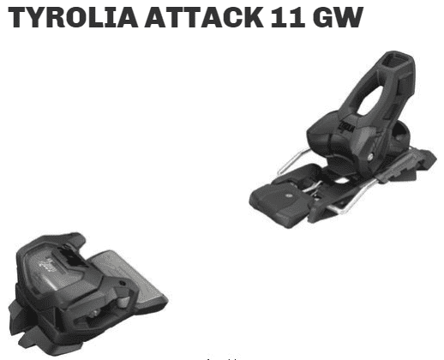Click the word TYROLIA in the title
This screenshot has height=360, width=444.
coord(73,17)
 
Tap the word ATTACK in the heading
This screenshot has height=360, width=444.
coord(204,17)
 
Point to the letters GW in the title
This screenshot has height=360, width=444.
coord(338,17)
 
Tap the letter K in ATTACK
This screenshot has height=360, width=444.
coord(252,17)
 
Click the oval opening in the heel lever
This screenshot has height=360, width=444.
coord(370,100)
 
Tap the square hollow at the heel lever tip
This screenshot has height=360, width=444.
coord(396,60)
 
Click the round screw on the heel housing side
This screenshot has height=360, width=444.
coord(370,156)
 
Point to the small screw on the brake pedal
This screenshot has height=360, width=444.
coord(289,196)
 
